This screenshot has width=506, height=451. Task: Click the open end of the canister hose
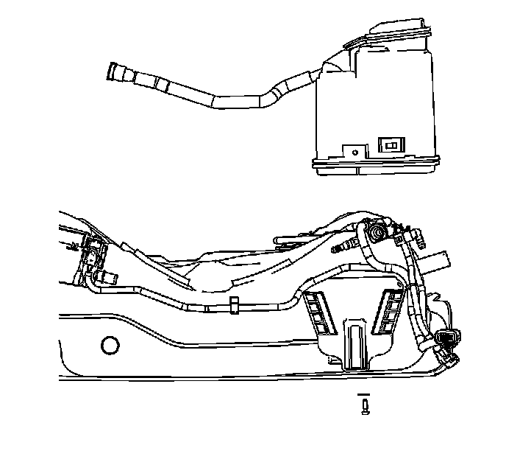tap(114, 71)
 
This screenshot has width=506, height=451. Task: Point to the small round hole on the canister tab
tap(355, 153)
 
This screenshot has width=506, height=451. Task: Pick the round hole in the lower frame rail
tap(111, 343)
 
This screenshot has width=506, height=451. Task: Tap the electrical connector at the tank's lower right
tap(446, 340)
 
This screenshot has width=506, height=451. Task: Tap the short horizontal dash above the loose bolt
tap(366, 396)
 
